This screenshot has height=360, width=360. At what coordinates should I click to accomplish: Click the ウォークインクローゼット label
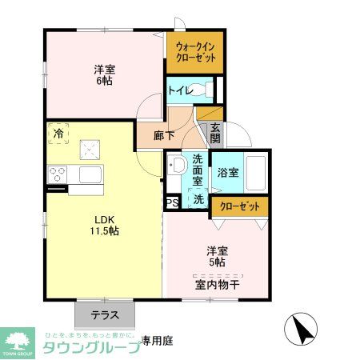(x=194, y=51)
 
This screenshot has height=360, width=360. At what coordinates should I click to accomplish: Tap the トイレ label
(x=178, y=90)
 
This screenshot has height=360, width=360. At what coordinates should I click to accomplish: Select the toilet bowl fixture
(x=206, y=90)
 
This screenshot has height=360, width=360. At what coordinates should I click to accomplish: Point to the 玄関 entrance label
(x=215, y=132)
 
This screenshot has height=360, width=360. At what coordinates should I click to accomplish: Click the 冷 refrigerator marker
(x=58, y=134)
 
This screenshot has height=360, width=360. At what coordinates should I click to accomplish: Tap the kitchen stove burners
(x=58, y=173)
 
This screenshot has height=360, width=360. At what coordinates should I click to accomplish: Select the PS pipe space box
(x=171, y=203)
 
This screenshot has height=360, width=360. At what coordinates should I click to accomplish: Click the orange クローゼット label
(x=240, y=206)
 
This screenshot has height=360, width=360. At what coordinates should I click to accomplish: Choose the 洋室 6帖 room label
(x=104, y=75)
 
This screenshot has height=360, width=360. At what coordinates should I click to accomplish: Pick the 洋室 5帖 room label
(x=217, y=256)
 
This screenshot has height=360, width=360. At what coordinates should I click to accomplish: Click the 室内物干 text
(x=217, y=284)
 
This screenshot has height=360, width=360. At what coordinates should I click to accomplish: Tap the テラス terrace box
(x=105, y=314)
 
